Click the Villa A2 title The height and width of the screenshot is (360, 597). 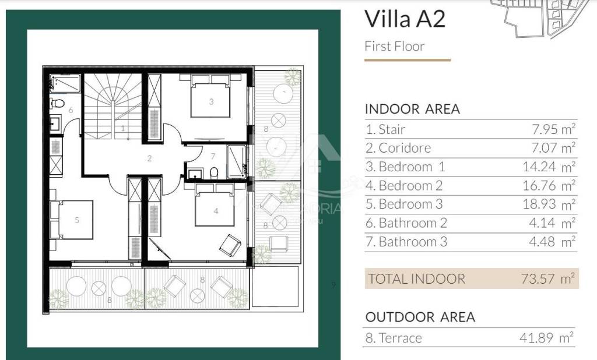point(405,19)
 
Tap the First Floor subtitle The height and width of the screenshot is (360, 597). point(395,47)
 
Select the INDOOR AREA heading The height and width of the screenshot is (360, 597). point(412,109)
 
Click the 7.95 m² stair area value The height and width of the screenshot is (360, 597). point(554,129)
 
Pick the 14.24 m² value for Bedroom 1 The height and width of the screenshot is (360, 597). point(549,167)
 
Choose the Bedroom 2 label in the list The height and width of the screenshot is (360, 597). point(411,186)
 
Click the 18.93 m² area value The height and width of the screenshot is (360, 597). point(549,204)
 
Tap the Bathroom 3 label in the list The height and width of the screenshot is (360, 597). point(413,242)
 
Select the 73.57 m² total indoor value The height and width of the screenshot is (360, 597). point(547,278)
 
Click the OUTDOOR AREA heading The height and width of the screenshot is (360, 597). point(420,317)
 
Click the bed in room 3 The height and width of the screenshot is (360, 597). point(210,96)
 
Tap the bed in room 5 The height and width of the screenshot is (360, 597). point(72,220)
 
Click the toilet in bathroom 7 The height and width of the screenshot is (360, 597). point(214,173)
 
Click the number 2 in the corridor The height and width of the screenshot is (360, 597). point(149,158)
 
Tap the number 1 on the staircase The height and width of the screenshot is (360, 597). point(123,129)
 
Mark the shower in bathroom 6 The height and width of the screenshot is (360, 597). point(65,83)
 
